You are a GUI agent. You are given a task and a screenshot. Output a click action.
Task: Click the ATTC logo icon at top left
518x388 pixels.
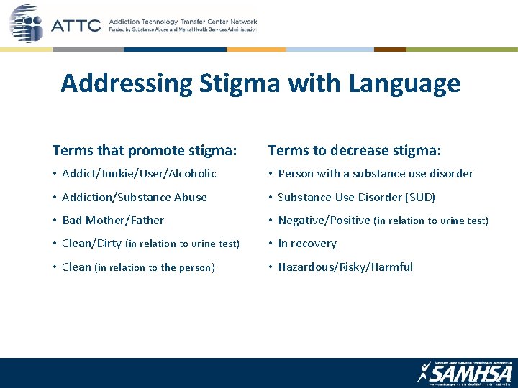27,23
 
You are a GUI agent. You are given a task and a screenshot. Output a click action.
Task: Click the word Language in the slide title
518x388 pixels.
404,84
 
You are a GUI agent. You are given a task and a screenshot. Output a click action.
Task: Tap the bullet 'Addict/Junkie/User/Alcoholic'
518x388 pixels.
139,173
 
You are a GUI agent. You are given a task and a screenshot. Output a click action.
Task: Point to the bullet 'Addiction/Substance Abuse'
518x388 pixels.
135,197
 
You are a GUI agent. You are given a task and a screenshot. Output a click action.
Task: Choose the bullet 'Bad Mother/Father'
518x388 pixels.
113,220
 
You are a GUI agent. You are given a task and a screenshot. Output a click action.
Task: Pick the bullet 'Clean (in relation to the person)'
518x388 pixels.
138,267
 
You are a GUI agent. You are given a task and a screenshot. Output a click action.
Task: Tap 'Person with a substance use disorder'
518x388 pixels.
376,173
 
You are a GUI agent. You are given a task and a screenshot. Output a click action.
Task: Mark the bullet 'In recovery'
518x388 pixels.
307,244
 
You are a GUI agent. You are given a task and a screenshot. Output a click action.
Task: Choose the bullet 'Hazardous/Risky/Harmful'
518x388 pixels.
345,267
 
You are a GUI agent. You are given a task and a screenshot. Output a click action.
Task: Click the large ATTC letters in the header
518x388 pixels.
76,27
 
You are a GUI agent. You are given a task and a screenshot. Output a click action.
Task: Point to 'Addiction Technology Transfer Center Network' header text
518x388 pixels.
182,22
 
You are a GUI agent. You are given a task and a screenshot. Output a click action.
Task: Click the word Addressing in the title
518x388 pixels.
126,84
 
